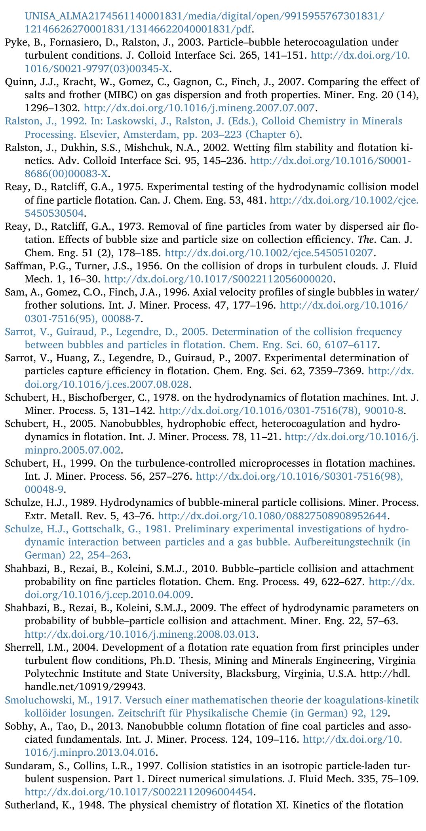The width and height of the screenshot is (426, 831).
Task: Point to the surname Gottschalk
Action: pos(100,529)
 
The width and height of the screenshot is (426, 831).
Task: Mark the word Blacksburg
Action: pos(245,674)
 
